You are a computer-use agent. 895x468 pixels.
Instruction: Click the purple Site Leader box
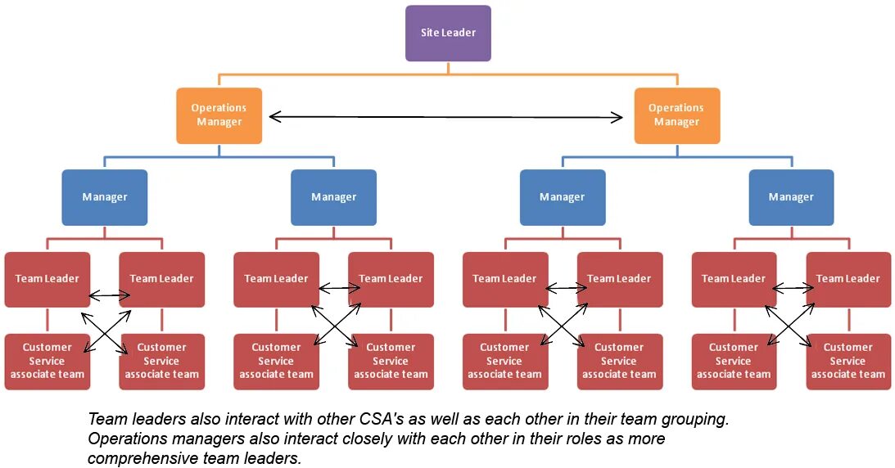pos(448,34)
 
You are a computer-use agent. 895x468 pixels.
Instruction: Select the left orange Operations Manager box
pos(219,115)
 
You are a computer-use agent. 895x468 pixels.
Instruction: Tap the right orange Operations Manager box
pos(676,115)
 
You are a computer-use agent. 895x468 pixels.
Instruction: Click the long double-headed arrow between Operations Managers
pos(446,117)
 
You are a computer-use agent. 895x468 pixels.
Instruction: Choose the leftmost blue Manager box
pos(104,197)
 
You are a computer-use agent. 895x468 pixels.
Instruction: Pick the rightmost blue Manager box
pos(791,197)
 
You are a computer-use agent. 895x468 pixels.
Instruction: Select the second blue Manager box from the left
pos(333,197)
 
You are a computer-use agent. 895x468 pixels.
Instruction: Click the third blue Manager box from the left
pos(563,197)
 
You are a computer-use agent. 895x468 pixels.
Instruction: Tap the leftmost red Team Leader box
pos(47,279)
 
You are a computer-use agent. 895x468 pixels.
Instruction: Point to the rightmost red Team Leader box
pos(848,279)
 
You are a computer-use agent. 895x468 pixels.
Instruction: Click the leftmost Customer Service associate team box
pos(47,361)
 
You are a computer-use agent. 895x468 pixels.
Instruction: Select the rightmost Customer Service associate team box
pos(848,361)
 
